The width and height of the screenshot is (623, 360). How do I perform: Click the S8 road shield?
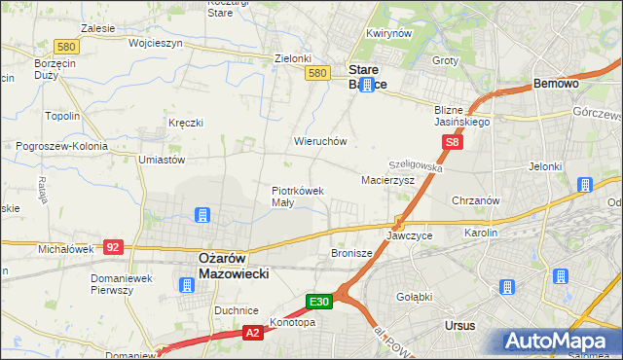[452, 143]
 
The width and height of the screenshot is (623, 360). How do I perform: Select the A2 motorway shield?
[252, 333]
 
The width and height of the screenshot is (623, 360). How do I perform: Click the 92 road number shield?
[113, 247]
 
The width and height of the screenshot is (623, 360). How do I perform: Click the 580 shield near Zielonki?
[315, 73]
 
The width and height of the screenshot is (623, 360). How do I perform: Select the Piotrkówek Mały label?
[297, 197]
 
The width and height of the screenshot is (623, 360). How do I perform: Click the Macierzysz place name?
[388, 181]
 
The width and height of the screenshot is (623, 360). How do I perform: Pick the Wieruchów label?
[320, 141]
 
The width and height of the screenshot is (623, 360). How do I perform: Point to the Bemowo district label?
[557, 85]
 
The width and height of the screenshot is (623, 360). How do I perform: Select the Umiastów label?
[162, 160]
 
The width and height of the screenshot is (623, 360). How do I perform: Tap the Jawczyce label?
[409, 236]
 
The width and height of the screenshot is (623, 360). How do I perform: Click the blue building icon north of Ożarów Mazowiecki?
[202, 215]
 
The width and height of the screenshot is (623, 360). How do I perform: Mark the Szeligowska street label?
[416, 167]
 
